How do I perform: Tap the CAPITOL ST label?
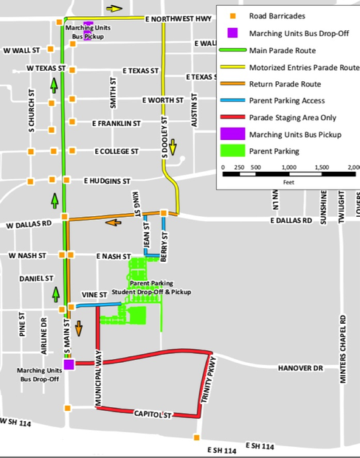153,416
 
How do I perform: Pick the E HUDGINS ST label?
107,180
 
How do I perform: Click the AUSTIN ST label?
195,110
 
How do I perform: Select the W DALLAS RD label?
29,224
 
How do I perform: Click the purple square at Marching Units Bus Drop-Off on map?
69,364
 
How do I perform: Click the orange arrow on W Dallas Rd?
114,221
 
